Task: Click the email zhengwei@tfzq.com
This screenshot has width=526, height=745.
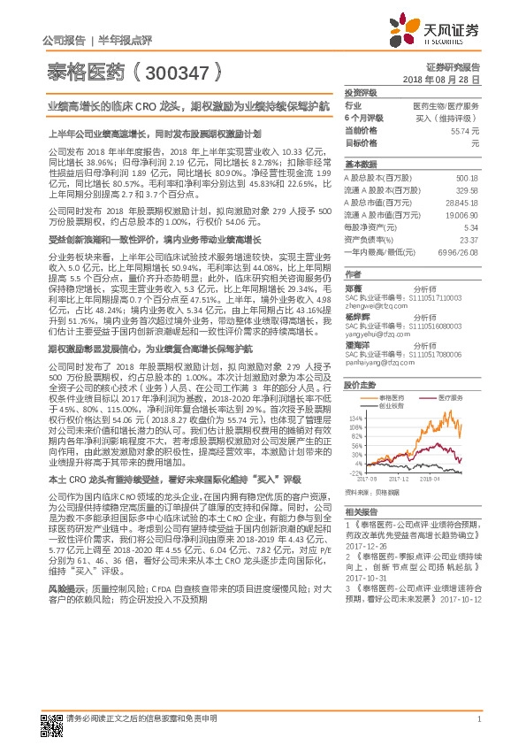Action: [368, 305]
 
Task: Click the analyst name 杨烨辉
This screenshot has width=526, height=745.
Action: [354, 316]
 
